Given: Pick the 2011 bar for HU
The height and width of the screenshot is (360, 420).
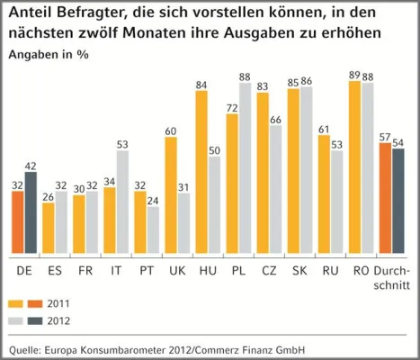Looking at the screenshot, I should [x=201, y=174].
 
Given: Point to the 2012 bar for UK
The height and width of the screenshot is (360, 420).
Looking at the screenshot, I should [x=184, y=224].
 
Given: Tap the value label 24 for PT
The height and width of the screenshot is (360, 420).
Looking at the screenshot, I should [x=154, y=201].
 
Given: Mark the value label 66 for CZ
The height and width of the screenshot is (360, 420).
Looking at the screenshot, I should [x=276, y=119].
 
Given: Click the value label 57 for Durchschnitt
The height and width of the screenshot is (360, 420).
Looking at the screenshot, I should [x=385, y=135].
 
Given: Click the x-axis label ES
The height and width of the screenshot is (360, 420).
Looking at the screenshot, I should [x=56, y=270].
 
